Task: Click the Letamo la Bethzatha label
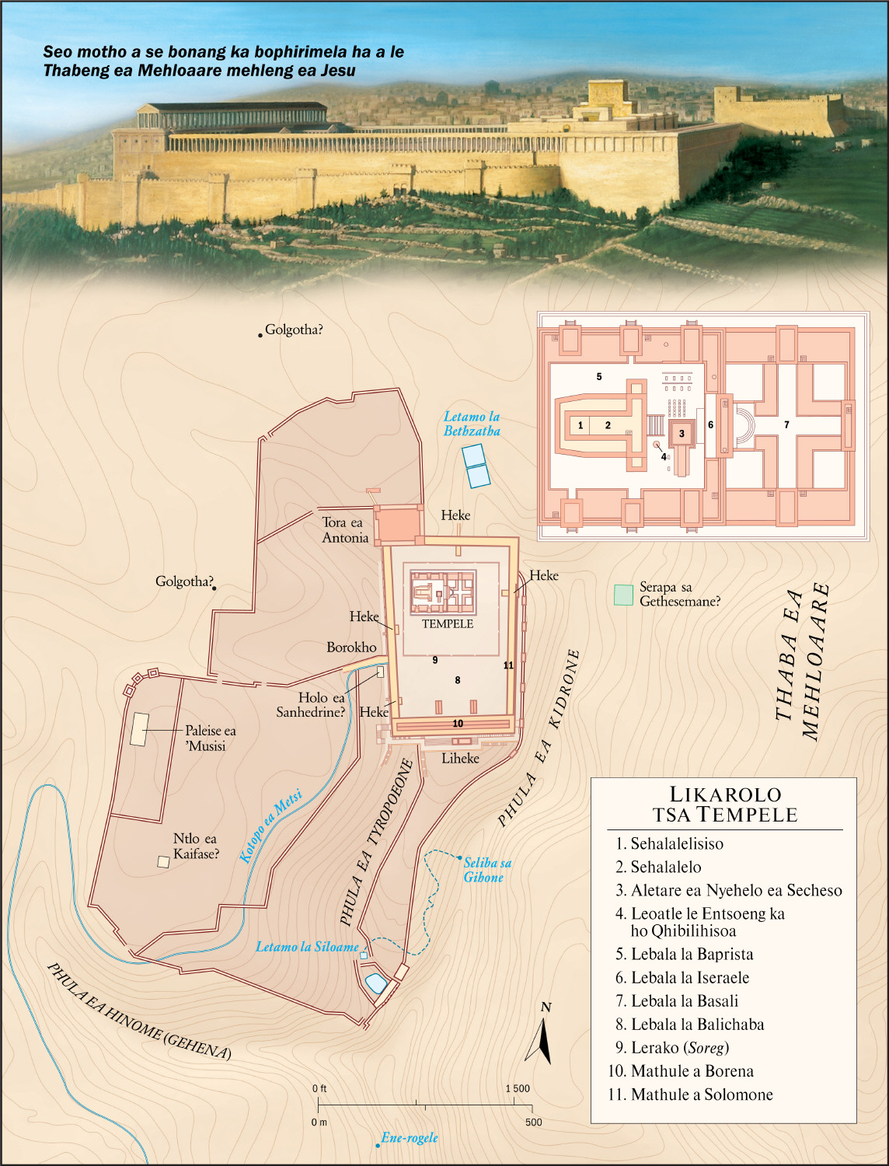coord(472,424)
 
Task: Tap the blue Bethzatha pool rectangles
coord(476,465)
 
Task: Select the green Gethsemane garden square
coord(623,595)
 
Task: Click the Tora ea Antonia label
coord(345,530)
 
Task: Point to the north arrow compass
coord(542,1038)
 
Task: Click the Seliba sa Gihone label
coord(487,870)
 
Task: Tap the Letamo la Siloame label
coord(307,947)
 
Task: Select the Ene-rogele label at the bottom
coord(410,1138)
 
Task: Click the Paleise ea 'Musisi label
coord(210,738)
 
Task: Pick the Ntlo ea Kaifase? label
coord(196,846)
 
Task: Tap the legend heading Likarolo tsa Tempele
coord(724,804)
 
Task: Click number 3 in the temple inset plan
coord(682,434)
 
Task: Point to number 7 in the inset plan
coord(786,425)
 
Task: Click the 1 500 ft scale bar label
coord(518,1088)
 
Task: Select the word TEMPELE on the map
coord(448,623)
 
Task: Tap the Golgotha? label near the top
coord(294,330)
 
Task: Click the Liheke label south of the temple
coord(460,758)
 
